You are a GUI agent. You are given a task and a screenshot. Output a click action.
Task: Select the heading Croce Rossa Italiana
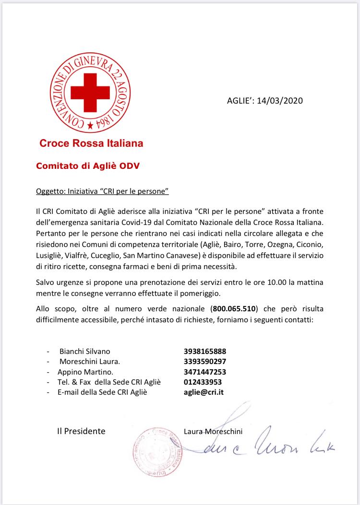[x=91, y=143]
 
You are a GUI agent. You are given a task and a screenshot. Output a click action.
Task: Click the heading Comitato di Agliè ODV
[x=87, y=166]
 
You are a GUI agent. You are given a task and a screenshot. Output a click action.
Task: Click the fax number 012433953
[x=203, y=382]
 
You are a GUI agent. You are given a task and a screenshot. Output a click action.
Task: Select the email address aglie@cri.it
[x=204, y=392]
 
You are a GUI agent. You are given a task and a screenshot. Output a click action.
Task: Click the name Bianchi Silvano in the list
[x=84, y=351]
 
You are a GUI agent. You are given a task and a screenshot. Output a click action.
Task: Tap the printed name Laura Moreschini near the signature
[x=213, y=432]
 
